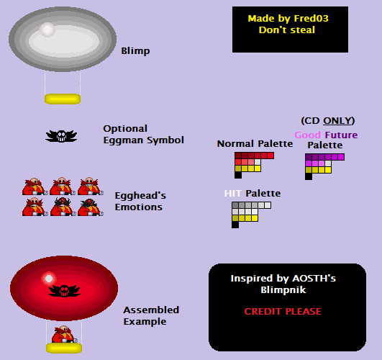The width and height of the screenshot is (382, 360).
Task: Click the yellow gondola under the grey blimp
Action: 63,99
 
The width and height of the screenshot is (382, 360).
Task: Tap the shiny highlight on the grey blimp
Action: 47,30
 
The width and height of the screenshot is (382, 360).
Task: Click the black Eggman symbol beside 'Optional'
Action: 61,136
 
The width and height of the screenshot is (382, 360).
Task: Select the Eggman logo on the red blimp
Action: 64,290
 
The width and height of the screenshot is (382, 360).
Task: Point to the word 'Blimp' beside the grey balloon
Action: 135,51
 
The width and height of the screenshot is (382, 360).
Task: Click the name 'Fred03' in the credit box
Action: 311,19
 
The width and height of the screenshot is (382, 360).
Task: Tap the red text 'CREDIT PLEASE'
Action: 283,312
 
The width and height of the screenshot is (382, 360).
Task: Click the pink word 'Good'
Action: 307,135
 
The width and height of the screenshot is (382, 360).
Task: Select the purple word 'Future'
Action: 341,135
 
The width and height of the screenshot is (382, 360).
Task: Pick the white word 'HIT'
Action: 233,194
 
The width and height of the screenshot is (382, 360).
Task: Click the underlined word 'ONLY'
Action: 337,121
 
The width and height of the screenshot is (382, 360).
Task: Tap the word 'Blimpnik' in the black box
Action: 283,290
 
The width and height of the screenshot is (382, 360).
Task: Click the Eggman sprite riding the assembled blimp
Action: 64,334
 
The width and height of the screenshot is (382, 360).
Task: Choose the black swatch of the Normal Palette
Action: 238,175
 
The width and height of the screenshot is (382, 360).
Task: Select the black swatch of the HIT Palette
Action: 235,225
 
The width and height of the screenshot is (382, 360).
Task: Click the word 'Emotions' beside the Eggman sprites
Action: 139,207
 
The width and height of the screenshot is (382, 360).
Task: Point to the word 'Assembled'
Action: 151,310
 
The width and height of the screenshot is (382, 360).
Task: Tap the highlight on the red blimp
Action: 49,279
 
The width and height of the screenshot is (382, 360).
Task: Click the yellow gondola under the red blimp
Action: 64,348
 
